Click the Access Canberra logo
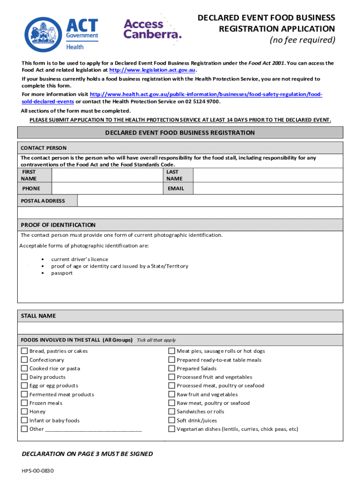[x=152, y=29]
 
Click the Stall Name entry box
[x=180, y=328]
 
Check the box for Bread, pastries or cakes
[x=24, y=351]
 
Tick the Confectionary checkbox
[x=24, y=360]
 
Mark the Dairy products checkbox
[x=24, y=377]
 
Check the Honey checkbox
[x=24, y=412]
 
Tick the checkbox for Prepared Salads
[x=172, y=369]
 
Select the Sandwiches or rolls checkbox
[x=172, y=412]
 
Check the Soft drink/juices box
[x=172, y=420]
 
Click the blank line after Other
[x=94, y=429]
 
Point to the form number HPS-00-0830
[x=41, y=471]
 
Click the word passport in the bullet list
[x=62, y=273]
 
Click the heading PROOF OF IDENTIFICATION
[x=58, y=225]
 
